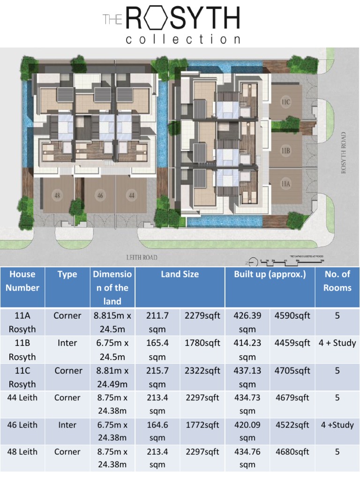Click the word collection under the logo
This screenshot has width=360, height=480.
pyautogui.click(x=183, y=39)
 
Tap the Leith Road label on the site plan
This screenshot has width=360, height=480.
pyautogui.click(x=142, y=257)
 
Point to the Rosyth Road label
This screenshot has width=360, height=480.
pyautogui.click(x=344, y=152)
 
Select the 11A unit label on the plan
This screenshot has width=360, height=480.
pyautogui.click(x=286, y=184)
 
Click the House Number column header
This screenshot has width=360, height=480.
pyautogui.click(x=22, y=281)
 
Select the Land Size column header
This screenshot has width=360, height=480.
pyautogui.click(x=180, y=274)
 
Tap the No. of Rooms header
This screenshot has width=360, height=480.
pyautogui.click(x=337, y=281)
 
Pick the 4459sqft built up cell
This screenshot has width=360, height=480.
pyautogui.click(x=292, y=343)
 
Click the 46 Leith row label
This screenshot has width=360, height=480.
pyautogui.click(x=22, y=425)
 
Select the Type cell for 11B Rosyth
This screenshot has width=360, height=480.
pyautogui.click(x=67, y=343)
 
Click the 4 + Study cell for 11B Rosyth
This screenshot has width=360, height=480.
pyautogui.click(x=337, y=343)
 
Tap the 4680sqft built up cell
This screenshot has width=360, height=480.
pyautogui.click(x=292, y=452)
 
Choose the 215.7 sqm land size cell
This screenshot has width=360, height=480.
pyautogui.click(x=157, y=377)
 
